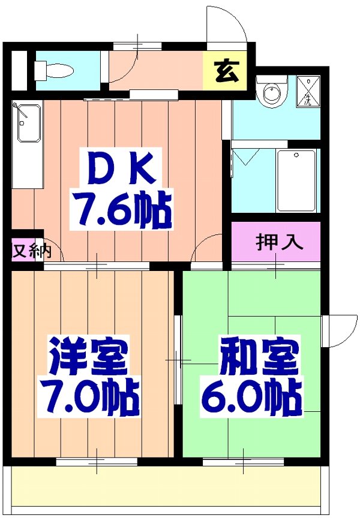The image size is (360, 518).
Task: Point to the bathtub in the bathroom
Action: [296, 180]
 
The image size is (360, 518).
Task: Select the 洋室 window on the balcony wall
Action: [97, 461]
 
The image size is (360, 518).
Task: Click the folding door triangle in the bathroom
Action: [244, 158]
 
